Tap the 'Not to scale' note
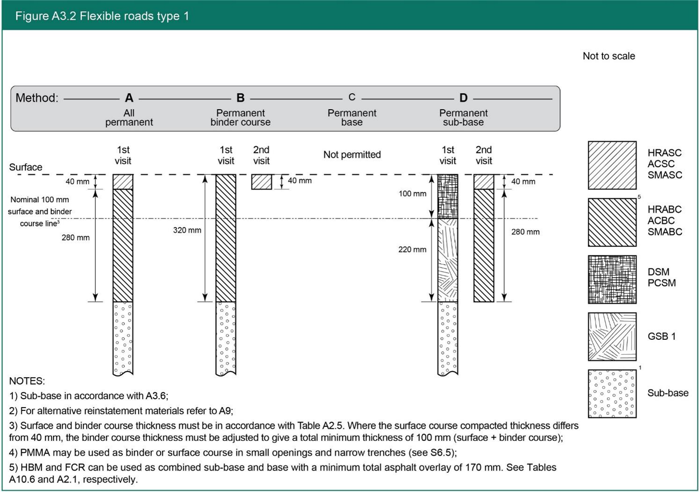pos(608,56)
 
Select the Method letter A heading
pos(129,98)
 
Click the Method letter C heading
pos(352,97)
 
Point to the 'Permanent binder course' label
pos(240,118)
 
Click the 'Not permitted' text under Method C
pos(352,155)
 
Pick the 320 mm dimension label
pos(187,230)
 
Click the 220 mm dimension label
pos(412,250)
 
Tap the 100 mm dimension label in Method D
pos(412,194)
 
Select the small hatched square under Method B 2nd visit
pos(261,182)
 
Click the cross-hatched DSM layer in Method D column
pos(447,197)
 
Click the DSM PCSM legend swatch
pos(612,279)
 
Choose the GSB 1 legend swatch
pos(612,337)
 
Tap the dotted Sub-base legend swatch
pos(612,394)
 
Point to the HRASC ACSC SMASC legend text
pos(664,164)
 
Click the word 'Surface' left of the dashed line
pos(26,167)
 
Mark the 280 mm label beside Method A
pos(75,238)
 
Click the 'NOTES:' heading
pos(27,381)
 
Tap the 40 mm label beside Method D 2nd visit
pos(522,182)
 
